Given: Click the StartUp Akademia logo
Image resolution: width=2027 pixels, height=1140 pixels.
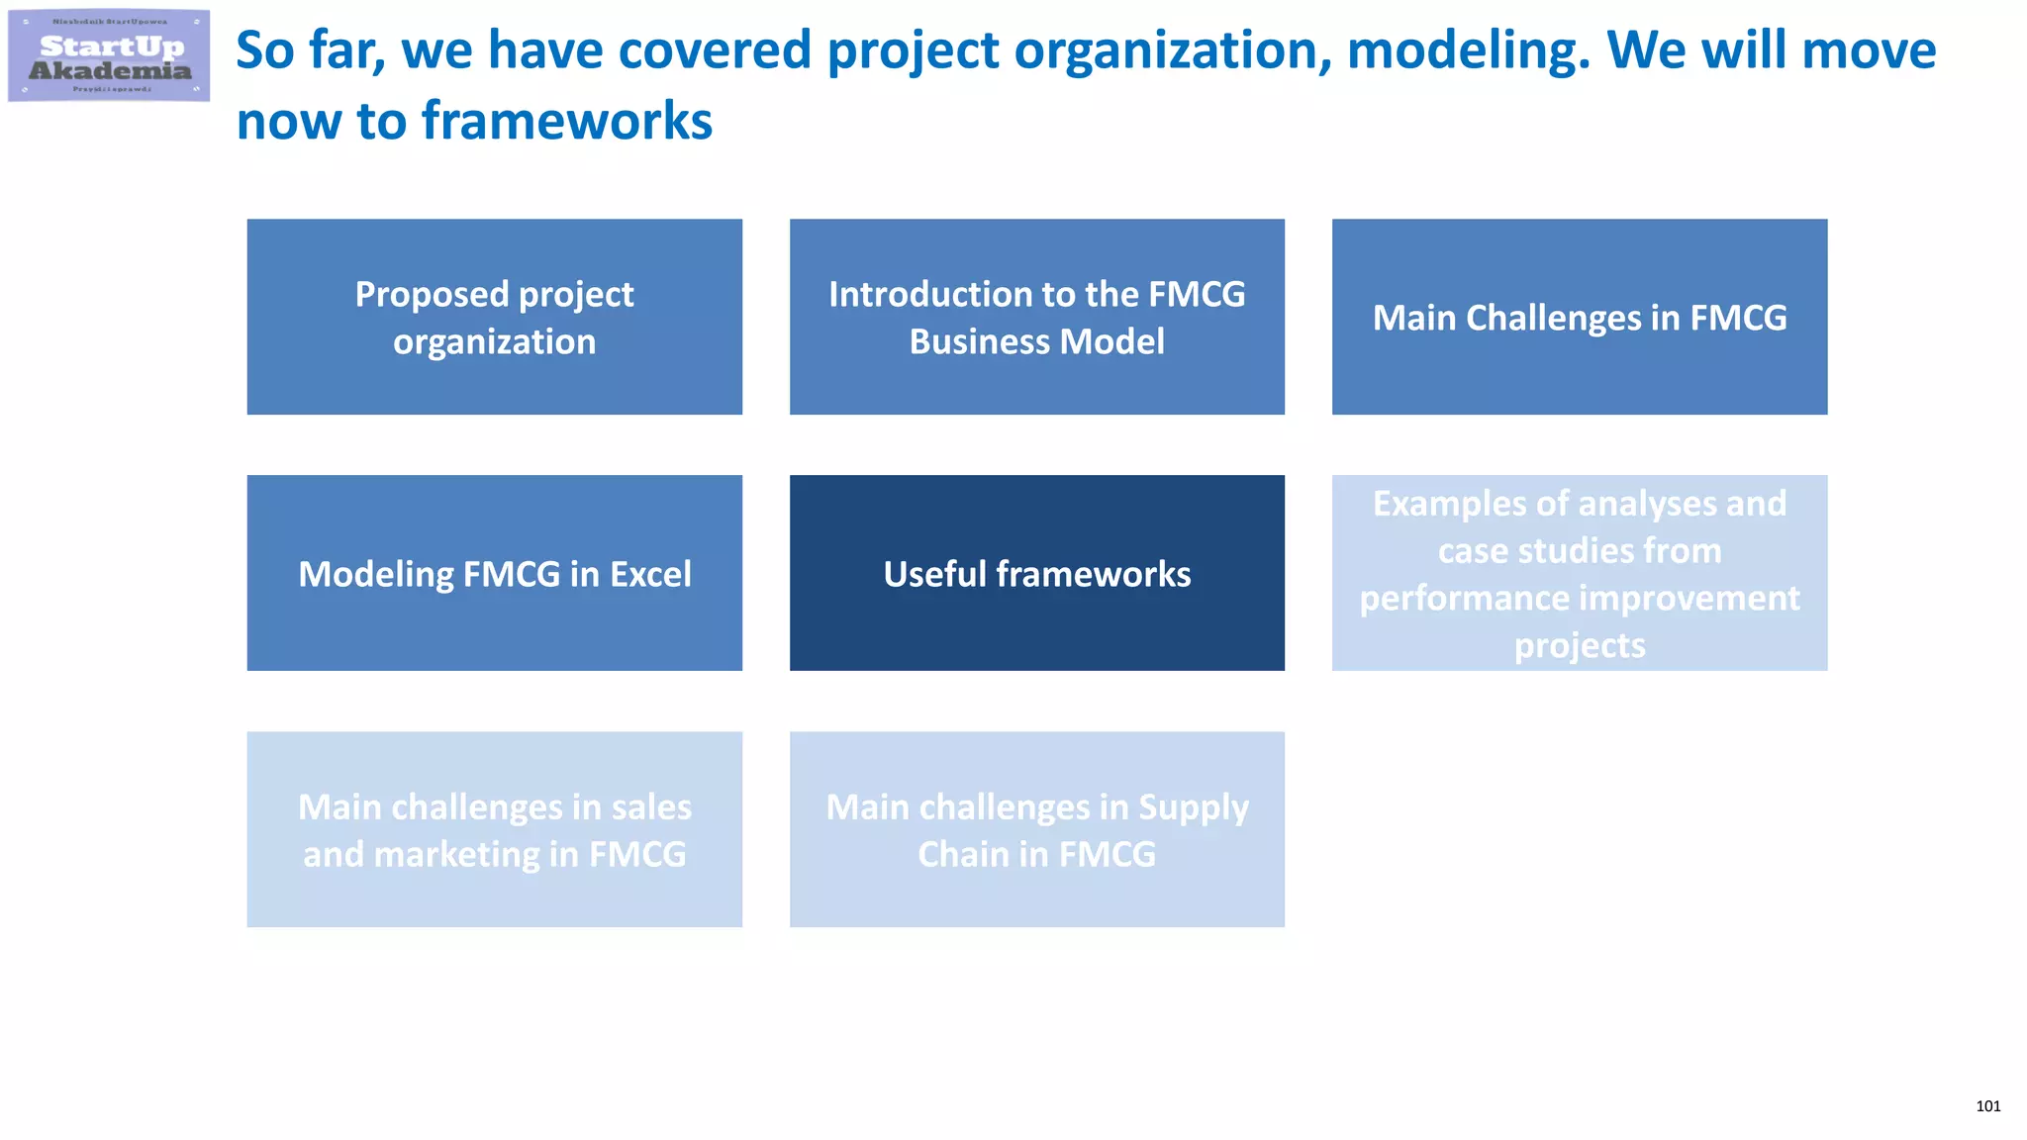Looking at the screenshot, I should coord(109,55).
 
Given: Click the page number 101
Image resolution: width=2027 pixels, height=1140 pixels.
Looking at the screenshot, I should coord(1987,1106).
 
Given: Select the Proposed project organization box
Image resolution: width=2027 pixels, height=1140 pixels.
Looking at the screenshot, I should coord(494,317).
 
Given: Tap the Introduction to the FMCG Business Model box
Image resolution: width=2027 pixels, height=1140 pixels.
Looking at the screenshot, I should coord(1036,317).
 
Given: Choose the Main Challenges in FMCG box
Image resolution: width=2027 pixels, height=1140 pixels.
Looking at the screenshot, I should coord(1579,317).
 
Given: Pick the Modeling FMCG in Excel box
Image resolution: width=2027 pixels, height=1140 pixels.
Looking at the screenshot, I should coord(494,573).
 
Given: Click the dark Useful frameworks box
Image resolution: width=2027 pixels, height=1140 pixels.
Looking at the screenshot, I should coord(1036,573).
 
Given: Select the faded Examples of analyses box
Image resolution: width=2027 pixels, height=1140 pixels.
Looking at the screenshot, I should coord(1579,573).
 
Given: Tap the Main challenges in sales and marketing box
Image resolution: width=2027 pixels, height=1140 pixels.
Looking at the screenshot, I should coord(494,829).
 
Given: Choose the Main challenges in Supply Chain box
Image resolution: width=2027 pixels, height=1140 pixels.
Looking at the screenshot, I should coord(1036,829).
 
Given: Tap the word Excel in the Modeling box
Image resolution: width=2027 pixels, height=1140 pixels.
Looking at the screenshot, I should coord(650,574).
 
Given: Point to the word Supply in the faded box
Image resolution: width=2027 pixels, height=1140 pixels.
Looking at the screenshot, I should coord(1193,807).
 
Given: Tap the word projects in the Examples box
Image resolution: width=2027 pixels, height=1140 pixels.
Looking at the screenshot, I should coord(1579,645).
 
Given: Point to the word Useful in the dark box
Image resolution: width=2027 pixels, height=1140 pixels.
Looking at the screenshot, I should coord(934,574).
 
